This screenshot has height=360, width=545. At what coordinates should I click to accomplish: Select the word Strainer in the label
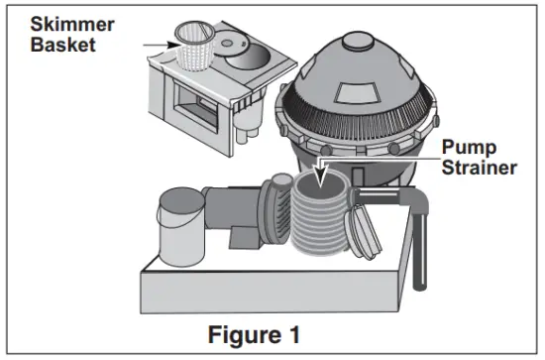pyautogui.click(x=480, y=168)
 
